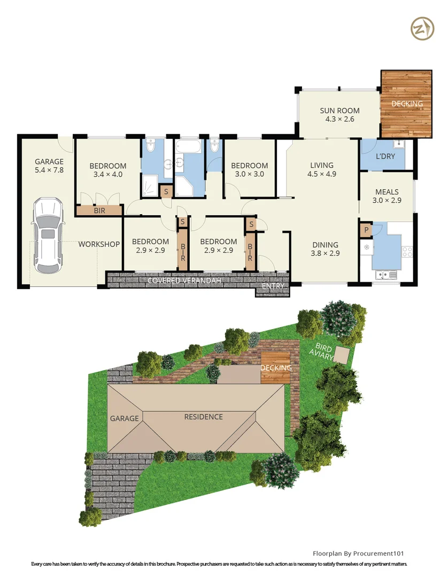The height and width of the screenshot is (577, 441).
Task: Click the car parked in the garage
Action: coord(47,234)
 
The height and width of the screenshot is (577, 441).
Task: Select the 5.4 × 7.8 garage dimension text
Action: coord(49,170)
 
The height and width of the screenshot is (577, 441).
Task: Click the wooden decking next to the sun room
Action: coord(406,103)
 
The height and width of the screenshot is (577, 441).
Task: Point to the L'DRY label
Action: coord(385,157)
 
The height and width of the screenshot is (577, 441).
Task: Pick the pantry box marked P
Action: coord(366,230)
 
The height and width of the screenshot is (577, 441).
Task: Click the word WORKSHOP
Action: coord(99,244)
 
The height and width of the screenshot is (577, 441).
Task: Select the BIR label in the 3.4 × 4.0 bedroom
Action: coord(99,211)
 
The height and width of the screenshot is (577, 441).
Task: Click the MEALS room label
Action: coord(387,192)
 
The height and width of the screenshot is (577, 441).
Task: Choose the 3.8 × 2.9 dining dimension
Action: coord(326,254)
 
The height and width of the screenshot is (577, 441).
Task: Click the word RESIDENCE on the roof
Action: coord(204,417)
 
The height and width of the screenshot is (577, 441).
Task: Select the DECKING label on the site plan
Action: coord(276,368)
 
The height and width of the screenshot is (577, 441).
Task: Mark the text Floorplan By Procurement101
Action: coord(361,553)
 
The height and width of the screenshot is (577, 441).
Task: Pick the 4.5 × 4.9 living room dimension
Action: coord(321,174)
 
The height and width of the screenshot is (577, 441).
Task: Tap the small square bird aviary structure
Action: coord(340,355)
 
